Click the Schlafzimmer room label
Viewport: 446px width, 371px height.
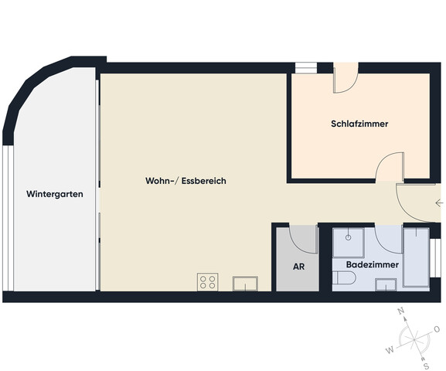coord(359,124)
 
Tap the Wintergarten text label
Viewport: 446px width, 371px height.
coord(54,194)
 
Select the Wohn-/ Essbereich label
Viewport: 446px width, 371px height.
coord(186,181)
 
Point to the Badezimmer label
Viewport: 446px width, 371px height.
coord(373,264)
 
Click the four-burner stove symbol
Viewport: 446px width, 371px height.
coord(207,282)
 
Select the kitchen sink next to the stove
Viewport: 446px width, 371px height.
coord(245,282)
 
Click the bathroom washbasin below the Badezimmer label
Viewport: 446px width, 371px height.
coord(385,284)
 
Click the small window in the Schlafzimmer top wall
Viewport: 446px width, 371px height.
coord(306,68)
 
